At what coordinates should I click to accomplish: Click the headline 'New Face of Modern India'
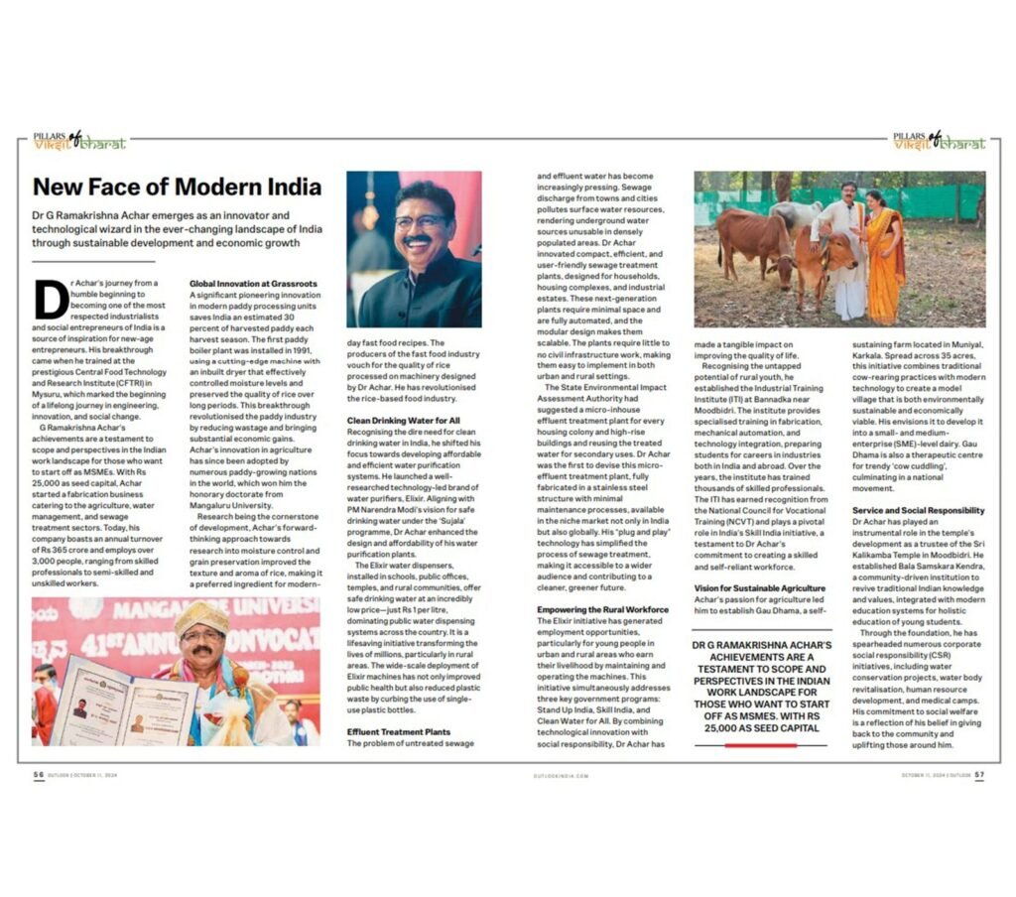click(x=177, y=187)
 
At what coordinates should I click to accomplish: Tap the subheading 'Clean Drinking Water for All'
click(x=403, y=421)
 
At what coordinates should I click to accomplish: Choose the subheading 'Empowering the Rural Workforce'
click(x=602, y=608)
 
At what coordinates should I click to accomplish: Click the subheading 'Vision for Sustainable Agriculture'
click(x=759, y=588)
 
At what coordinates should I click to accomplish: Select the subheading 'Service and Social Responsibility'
click(x=918, y=510)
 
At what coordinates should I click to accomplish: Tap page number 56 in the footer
click(x=38, y=776)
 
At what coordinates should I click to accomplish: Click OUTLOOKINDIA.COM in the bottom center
click(x=562, y=777)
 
